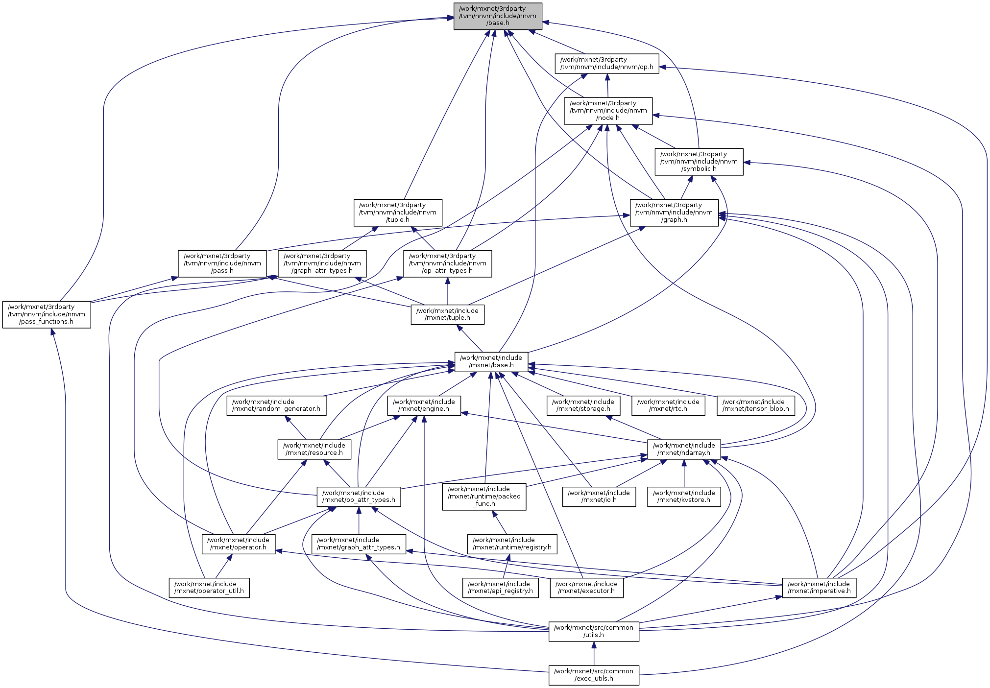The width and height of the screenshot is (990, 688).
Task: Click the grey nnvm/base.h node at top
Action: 498,16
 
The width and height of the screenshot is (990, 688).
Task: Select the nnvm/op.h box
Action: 606,63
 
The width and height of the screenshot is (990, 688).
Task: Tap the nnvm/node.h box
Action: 608,111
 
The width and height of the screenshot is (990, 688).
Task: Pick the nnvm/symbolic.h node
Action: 699,162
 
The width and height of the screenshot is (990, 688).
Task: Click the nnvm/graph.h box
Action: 674,213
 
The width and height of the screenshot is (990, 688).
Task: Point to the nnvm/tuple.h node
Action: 398,213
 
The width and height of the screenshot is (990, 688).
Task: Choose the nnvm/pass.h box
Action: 222,263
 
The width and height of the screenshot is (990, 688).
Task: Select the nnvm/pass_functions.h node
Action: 47,314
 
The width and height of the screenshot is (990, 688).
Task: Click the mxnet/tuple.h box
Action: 447,314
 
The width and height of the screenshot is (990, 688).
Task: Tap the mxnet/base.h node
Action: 491,361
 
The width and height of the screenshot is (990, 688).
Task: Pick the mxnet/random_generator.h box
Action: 276,405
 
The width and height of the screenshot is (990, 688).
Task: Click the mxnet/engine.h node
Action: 424,405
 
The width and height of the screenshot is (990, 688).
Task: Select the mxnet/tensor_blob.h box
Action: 755,405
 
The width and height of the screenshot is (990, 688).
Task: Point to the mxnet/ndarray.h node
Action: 684,449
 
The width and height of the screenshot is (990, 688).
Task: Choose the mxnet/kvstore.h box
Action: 684,497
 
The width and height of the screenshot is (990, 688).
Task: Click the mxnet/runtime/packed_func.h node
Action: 484,497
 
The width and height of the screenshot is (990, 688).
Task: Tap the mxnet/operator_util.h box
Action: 209,588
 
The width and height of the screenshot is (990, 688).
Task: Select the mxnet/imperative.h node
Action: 819,588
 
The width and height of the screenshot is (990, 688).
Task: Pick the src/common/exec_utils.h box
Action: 594,675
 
